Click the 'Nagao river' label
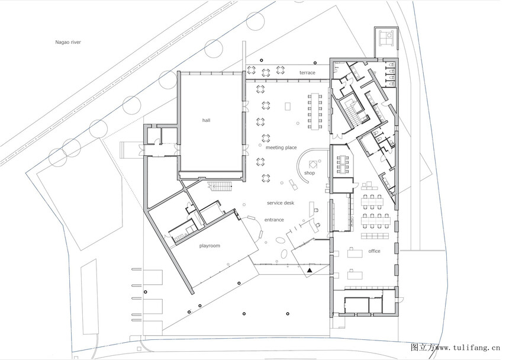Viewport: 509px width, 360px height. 68,42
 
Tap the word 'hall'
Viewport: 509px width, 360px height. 206,120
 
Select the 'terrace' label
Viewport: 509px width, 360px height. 307,73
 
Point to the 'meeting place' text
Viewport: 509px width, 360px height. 281,147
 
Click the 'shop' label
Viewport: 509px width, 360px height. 310,173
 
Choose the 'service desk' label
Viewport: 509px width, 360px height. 281,203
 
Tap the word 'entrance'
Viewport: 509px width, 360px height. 274,220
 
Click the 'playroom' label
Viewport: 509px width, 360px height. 210,246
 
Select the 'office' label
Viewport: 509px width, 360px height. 374,251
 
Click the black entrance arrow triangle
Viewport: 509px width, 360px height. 310,270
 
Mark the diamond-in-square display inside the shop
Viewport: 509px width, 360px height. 313,164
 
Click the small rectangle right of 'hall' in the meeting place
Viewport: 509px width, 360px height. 288,106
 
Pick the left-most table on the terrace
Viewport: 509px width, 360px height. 252,70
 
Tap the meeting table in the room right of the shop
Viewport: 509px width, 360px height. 343,164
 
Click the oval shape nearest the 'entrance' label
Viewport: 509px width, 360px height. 279,240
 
